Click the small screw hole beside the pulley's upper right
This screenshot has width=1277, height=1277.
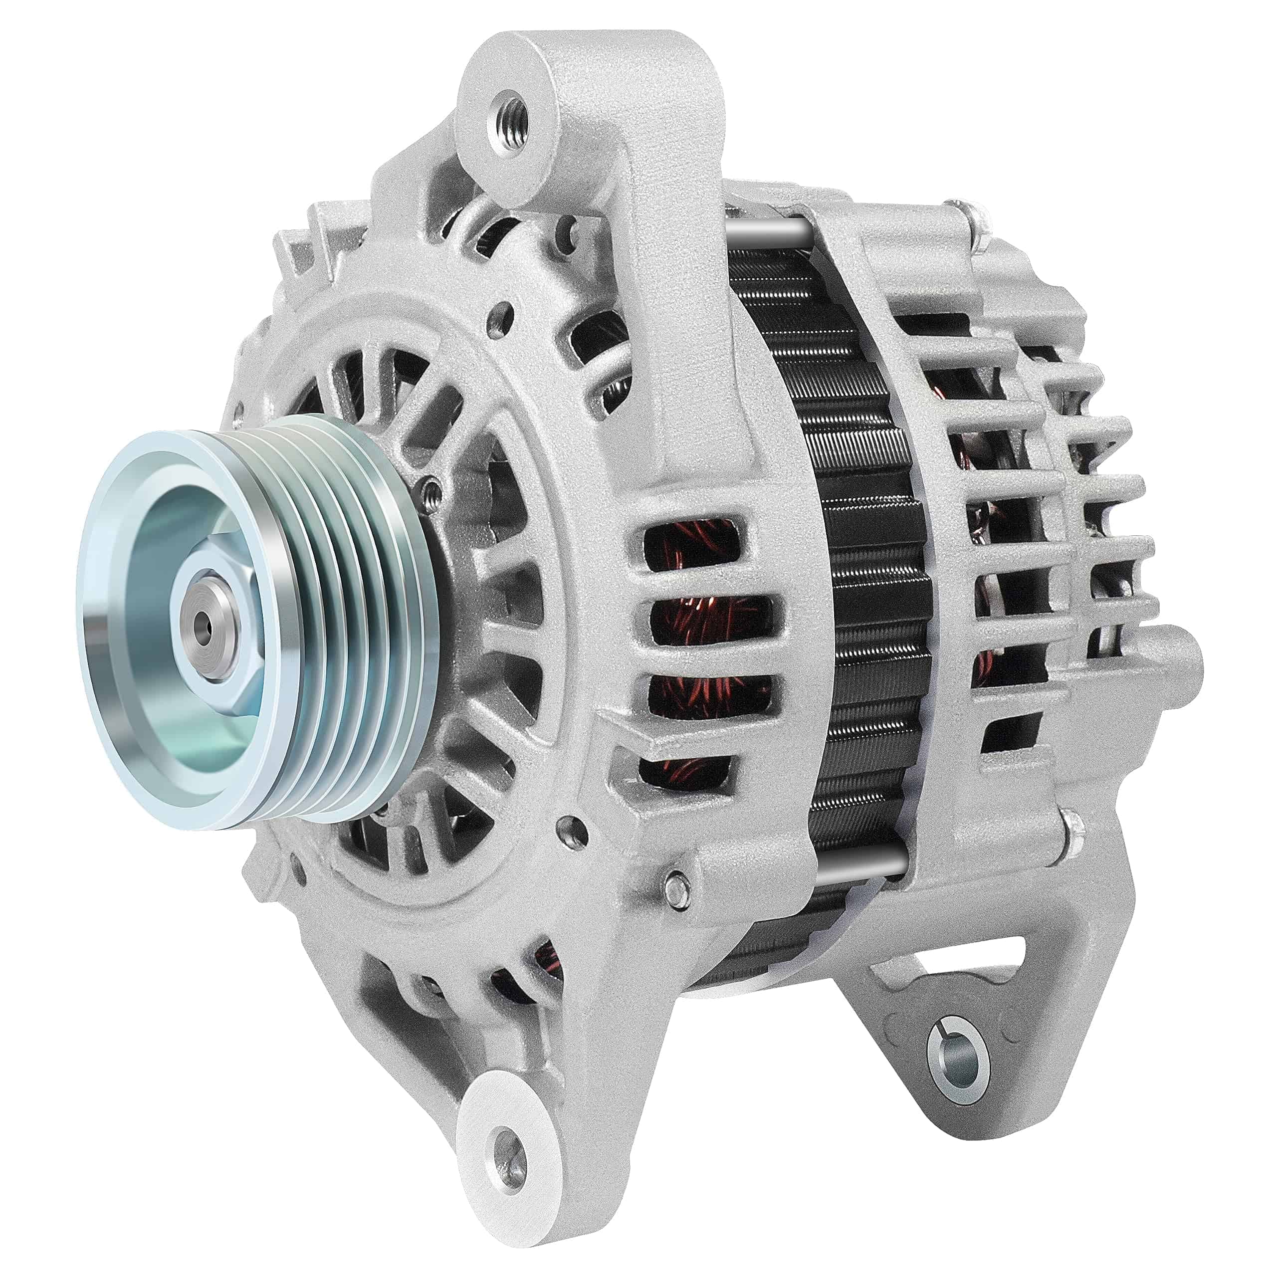[x=433, y=490]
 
